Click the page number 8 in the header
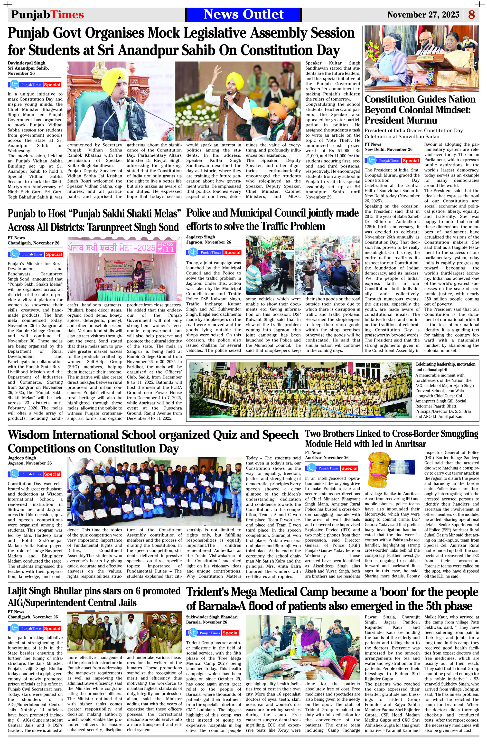pyautogui.click(x=471, y=15)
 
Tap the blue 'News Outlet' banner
pyautogui.click(x=243, y=14)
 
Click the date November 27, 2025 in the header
pyautogui.click(x=423, y=15)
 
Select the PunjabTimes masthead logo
pyautogui.click(x=47, y=15)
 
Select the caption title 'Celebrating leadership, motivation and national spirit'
pyautogui.click(x=445, y=367)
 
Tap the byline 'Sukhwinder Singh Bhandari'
pyautogui.click(x=212, y=617)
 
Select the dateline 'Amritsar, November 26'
pyautogui.click(x=327, y=458)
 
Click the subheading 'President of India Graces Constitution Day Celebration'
pyautogui.click(x=413, y=133)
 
